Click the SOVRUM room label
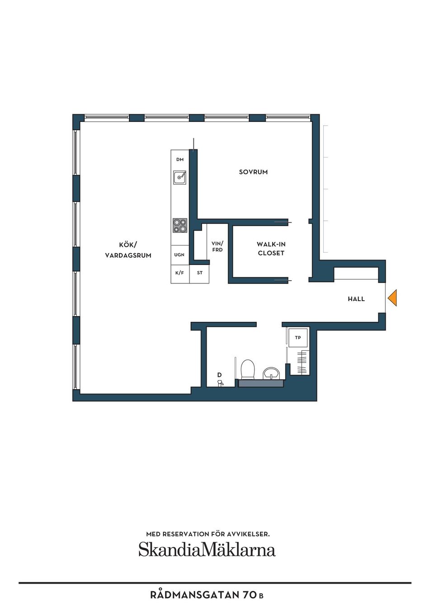coord(253,172)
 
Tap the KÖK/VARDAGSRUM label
coord(128,250)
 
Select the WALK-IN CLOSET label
coord(271,249)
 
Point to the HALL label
coord(356,299)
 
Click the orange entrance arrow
coord(392,298)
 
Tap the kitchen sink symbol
coord(180,177)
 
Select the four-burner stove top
coord(180,225)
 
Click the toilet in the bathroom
coord(248,369)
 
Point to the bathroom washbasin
coord(271,373)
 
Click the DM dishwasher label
coord(180,160)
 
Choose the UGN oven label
coord(179,255)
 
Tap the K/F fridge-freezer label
coord(179,273)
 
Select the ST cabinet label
coord(200,273)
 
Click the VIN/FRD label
coord(217,246)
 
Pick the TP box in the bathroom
coord(298,338)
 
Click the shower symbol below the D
coord(220,383)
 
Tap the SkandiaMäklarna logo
coord(207,549)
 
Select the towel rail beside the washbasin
coord(302,363)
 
